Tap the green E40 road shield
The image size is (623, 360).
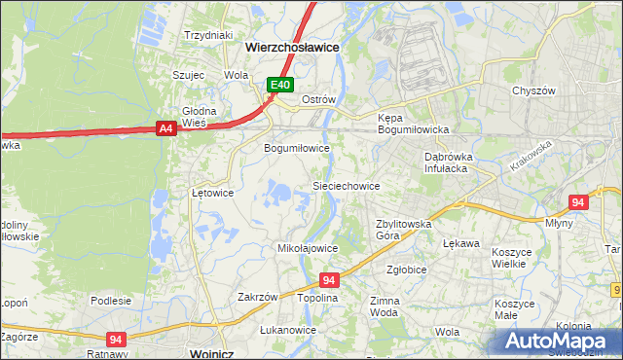[x=280, y=86]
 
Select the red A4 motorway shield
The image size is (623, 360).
[x=165, y=127]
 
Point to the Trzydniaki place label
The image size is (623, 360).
[x=209, y=34]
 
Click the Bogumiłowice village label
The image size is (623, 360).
[x=297, y=148]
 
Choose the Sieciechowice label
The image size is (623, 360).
[x=346, y=185]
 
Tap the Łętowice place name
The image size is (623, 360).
[x=212, y=193]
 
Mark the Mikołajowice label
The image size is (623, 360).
[x=308, y=248]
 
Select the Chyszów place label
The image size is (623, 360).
[x=533, y=90]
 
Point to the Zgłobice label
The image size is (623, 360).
[x=406, y=270]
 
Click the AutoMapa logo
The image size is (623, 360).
[x=558, y=341]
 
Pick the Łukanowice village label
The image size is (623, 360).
[x=288, y=330]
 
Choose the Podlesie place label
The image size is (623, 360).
[x=111, y=301]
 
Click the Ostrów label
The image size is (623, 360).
[x=318, y=100]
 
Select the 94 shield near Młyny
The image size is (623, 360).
[x=578, y=202]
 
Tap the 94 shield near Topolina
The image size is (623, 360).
[x=329, y=280]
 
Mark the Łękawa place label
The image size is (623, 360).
[x=460, y=243]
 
